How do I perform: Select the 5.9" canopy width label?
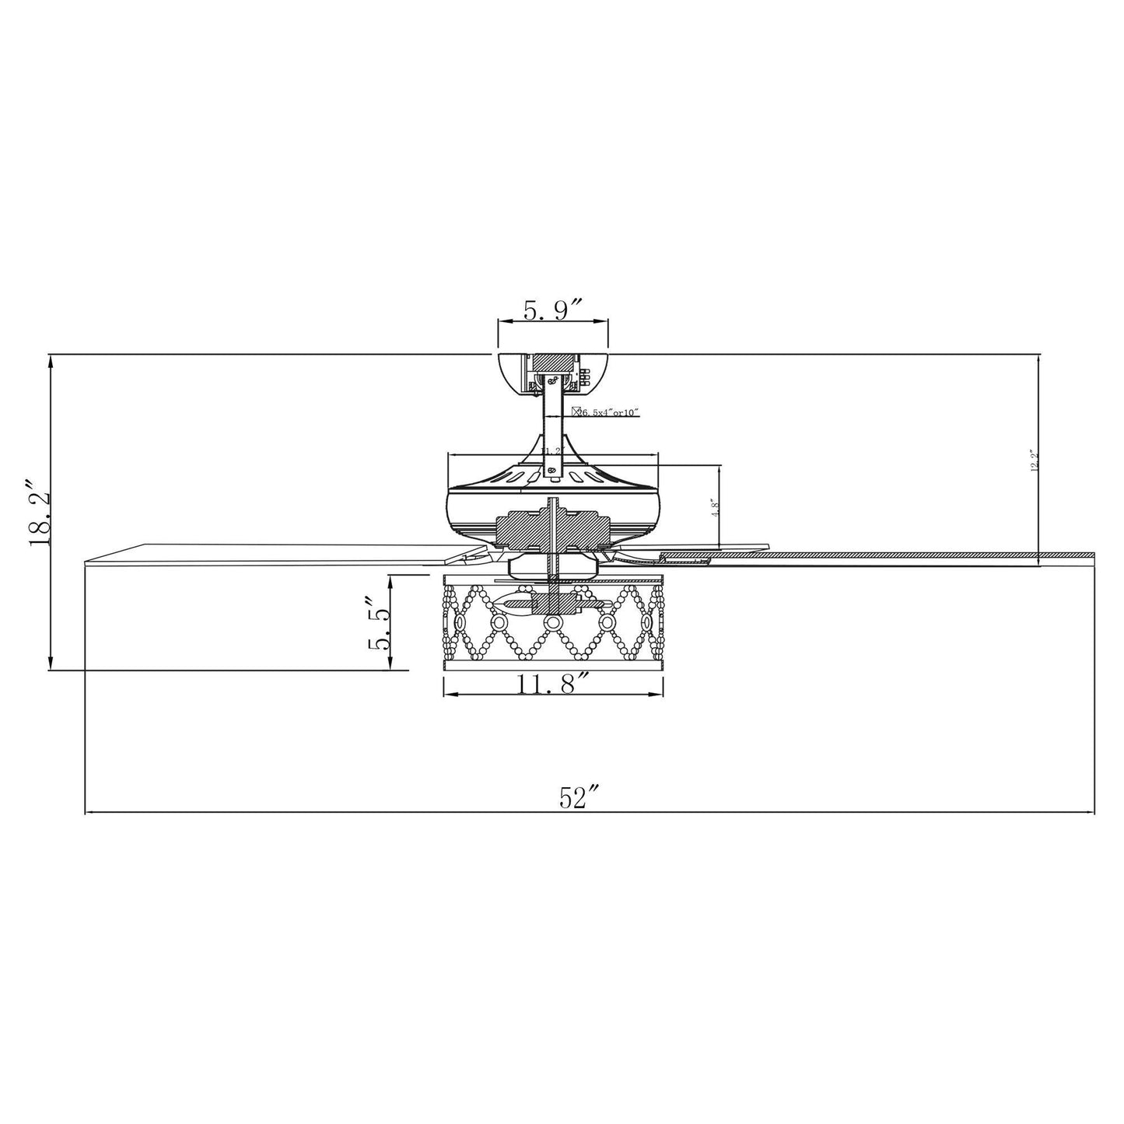tap(553, 311)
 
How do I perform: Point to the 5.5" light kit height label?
tap(379, 623)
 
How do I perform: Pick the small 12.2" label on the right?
tap(1034, 460)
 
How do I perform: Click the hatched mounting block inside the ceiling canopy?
tap(553, 362)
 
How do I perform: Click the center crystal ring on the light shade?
tap(553, 622)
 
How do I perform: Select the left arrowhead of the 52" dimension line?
tap(87, 813)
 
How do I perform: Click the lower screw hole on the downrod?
tap(552, 471)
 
